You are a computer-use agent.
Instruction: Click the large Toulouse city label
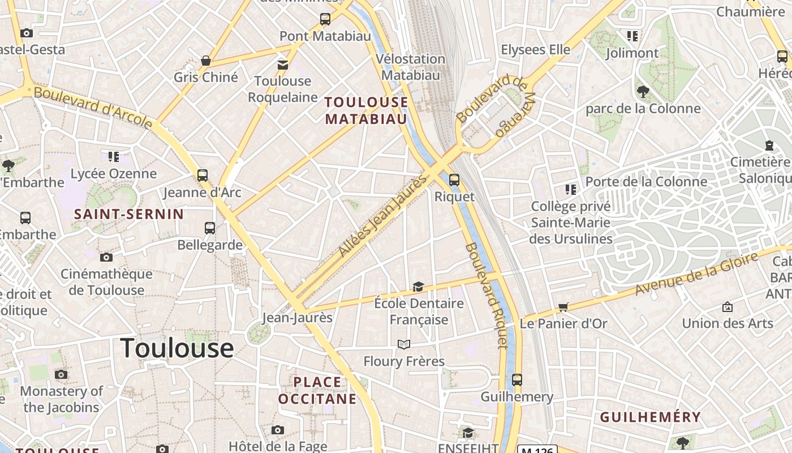pyautogui.click(x=177, y=348)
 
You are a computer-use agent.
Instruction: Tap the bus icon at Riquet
pyautogui.click(x=454, y=180)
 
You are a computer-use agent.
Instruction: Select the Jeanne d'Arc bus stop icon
pyautogui.click(x=203, y=176)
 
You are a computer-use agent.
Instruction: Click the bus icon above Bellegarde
pyautogui.click(x=210, y=228)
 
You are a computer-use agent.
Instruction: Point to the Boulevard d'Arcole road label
pyautogui.click(x=93, y=106)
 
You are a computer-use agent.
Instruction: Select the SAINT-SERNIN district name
pyautogui.click(x=129, y=214)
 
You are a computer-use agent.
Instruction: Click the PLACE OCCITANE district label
pyautogui.click(x=317, y=390)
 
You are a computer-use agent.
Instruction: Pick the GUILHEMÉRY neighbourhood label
pyautogui.click(x=650, y=417)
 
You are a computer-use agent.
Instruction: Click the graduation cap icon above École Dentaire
pyautogui.click(x=418, y=287)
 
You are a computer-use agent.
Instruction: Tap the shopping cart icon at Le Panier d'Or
pyautogui.click(x=563, y=307)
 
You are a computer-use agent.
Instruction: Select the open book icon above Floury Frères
pyautogui.click(x=403, y=344)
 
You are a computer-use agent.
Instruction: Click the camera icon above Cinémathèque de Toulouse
pyautogui.click(x=106, y=258)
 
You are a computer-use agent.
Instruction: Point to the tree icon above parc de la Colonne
pyautogui.click(x=643, y=91)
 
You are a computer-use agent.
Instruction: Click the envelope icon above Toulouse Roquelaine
pyautogui.click(x=282, y=65)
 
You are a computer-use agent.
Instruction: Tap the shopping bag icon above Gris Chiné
pyautogui.click(x=206, y=61)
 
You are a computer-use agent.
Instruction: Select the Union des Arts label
pyautogui.click(x=727, y=323)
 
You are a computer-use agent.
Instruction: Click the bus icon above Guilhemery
pyautogui.click(x=516, y=380)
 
